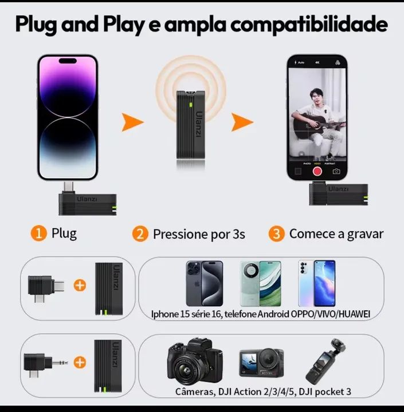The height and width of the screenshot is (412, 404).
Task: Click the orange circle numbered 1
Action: [x=38, y=233]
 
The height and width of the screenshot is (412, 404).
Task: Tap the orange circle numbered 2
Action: [x=140, y=233]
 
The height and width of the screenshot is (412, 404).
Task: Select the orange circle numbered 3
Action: [x=277, y=233]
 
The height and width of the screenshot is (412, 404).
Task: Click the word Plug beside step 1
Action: [x=64, y=233]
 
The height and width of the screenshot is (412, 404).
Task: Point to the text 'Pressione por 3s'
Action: [x=199, y=234]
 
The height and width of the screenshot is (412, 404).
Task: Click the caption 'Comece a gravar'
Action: [x=336, y=233]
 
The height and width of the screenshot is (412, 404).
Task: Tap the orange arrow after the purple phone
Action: [x=132, y=121]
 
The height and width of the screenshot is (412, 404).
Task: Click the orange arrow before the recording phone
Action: [x=242, y=121]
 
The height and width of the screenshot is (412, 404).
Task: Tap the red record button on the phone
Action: [x=316, y=171]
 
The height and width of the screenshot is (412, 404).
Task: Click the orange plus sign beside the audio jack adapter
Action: [x=80, y=362]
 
